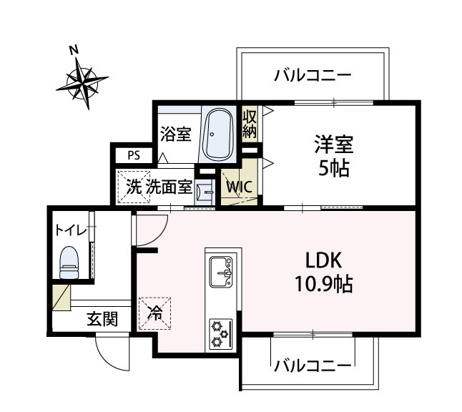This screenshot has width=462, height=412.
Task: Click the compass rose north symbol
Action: click(x=82, y=83)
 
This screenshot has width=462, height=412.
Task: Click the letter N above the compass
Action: click(x=74, y=50)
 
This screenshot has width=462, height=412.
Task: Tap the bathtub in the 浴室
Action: click(x=220, y=134)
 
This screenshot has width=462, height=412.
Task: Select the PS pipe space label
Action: click(x=134, y=155)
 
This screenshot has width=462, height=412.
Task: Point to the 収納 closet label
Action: click(x=250, y=124)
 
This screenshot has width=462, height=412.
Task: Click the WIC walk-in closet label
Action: click(x=240, y=187)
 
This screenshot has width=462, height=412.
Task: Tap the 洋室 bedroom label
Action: click(x=334, y=144)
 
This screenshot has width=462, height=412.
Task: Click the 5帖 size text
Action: click(x=334, y=168)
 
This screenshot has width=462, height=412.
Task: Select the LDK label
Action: click(x=323, y=260)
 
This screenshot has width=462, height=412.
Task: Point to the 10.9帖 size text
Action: click(x=323, y=283)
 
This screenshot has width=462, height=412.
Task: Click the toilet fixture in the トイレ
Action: click(x=69, y=263)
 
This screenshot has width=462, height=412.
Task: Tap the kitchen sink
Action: click(x=221, y=272)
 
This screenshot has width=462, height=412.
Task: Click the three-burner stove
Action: click(x=221, y=334)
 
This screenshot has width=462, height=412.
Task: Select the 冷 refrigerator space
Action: click(x=155, y=313)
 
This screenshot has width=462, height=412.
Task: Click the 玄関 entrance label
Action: click(x=102, y=319)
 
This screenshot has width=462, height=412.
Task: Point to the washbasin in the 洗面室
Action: click(x=205, y=192)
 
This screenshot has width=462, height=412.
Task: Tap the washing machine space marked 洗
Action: click(x=134, y=187)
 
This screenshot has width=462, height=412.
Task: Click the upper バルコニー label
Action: click(x=313, y=75)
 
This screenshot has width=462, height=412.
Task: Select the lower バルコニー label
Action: click(x=313, y=366)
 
